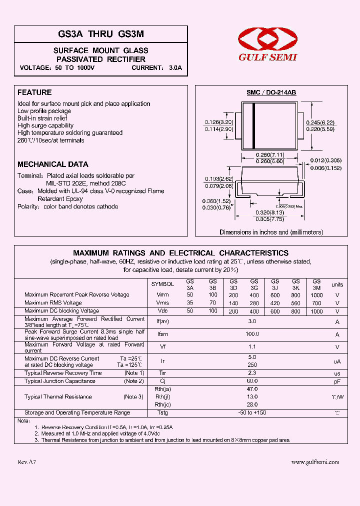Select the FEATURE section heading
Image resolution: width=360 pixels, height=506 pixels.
click(x=34, y=92)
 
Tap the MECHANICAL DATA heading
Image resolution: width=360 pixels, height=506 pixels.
click(x=53, y=164)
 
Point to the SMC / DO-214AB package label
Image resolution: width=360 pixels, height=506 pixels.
click(x=271, y=93)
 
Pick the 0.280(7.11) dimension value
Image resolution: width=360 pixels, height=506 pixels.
click(x=270, y=155)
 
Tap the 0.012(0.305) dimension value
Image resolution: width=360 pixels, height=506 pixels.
click(x=326, y=160)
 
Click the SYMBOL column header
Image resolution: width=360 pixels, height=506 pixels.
click(x=162, y=284)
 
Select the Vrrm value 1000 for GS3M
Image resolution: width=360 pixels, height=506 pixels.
click(x=316, y=295)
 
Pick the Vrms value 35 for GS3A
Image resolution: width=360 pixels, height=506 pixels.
click(x=190, y=303)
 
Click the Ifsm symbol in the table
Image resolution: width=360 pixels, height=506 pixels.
click(x=162, y=334)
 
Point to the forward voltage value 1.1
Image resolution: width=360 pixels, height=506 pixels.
click(x=252, y=346)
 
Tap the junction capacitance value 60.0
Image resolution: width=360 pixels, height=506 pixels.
click(x=252, y=381)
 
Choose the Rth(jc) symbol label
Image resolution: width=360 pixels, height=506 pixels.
click(x=162, y=404)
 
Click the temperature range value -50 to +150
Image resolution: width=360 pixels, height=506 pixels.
click(x=252, y=412)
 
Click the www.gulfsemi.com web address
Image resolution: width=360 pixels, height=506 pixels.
click(x=315, y=462)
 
